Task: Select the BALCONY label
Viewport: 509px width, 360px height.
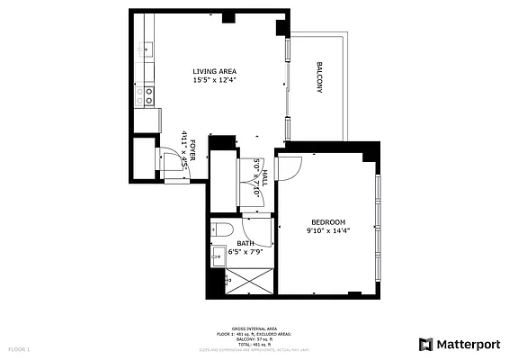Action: click(x=319, y=77)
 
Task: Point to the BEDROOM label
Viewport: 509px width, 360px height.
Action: click(x=328, y=222)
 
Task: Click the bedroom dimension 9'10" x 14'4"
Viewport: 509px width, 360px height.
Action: click(x=328, y=231)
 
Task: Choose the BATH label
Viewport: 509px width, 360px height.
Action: click(x=245, y=243)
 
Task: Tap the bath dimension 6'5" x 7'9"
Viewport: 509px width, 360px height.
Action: click(x=245, y=252)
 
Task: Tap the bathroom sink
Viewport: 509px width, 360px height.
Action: click(x=217, y=257)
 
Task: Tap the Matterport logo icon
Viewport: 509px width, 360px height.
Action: click(x=425, y=344)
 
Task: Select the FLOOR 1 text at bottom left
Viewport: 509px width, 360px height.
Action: click(x=20, y=347)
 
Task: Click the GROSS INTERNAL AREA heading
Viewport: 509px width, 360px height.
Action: click(x=253, y=329)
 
